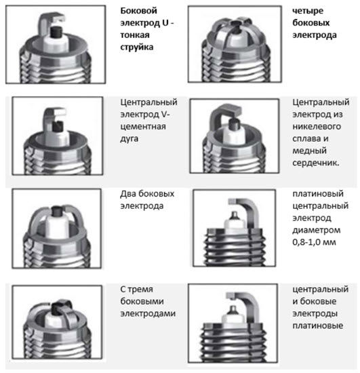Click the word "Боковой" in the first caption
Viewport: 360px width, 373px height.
(138, 11)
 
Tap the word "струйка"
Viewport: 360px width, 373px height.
(137, 47)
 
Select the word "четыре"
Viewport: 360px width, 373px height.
(308, 11)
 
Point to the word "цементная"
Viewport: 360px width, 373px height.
(143, 126)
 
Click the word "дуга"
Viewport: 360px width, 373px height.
(129, 138)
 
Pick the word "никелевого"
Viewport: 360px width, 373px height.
(317, 126)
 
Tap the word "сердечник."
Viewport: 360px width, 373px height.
(316, 163)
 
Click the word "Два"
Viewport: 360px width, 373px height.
(128, 194)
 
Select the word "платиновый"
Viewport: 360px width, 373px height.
(318, 194)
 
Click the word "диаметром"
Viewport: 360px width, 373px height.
(316, 231)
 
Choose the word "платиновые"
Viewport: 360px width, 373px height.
(318, 326)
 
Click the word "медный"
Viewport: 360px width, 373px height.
(309, 151)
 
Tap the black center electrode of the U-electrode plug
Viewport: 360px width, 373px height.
(57, 32)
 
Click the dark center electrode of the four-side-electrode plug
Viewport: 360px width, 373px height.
(236, 26)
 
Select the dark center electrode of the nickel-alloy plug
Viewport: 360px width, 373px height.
(233, 124)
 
